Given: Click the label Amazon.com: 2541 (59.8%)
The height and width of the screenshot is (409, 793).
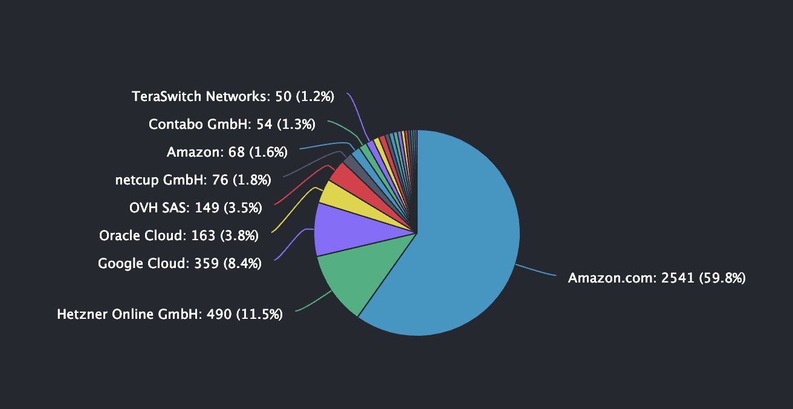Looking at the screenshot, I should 656,278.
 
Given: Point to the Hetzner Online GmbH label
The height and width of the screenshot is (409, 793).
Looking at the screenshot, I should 170,315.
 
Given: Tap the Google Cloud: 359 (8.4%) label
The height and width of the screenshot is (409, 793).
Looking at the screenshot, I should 180,264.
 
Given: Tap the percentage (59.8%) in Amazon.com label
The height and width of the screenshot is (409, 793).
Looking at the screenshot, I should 723,278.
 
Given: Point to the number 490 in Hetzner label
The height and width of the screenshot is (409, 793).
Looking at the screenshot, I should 219,315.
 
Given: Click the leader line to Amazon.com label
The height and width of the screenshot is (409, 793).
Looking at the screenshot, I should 537,270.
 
